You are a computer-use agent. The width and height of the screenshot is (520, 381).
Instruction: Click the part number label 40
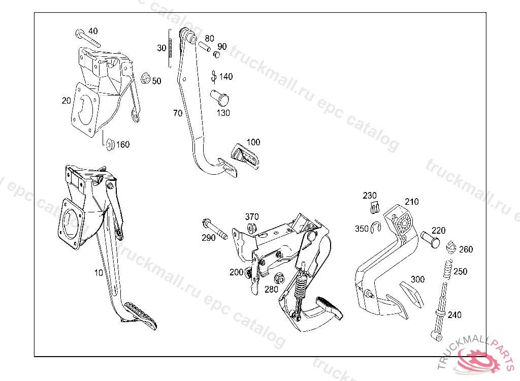coord(93,31)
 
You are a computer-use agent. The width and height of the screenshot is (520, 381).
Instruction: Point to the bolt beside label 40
coord(87,38)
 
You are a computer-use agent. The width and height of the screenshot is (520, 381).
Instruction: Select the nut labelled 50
coord(145,79)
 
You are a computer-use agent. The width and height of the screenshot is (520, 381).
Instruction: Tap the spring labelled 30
coord(170,48)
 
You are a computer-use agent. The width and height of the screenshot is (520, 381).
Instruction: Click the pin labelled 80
coord(205,46)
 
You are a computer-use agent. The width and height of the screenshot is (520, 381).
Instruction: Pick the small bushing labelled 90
coord(216,54)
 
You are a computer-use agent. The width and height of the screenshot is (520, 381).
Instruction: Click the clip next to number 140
coord(214,76)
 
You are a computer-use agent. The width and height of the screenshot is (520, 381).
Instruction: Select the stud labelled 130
coord(219,97)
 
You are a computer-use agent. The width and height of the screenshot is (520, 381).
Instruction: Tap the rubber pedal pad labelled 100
coord(245,156)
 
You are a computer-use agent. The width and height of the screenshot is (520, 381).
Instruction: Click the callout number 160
coord(123,144)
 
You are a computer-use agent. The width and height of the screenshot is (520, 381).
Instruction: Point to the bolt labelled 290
coord(215,229)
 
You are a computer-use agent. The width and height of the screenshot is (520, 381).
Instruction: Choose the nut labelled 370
coord(252,228)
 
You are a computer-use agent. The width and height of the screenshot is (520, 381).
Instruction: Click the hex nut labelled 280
coord(279,278)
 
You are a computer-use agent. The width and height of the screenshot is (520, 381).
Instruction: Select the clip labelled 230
coord(375,207)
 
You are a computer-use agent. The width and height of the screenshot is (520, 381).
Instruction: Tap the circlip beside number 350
coord(376,227)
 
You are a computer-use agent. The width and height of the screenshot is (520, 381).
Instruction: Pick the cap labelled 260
coord(451,246)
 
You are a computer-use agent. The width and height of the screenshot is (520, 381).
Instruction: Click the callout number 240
coord(454,314)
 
